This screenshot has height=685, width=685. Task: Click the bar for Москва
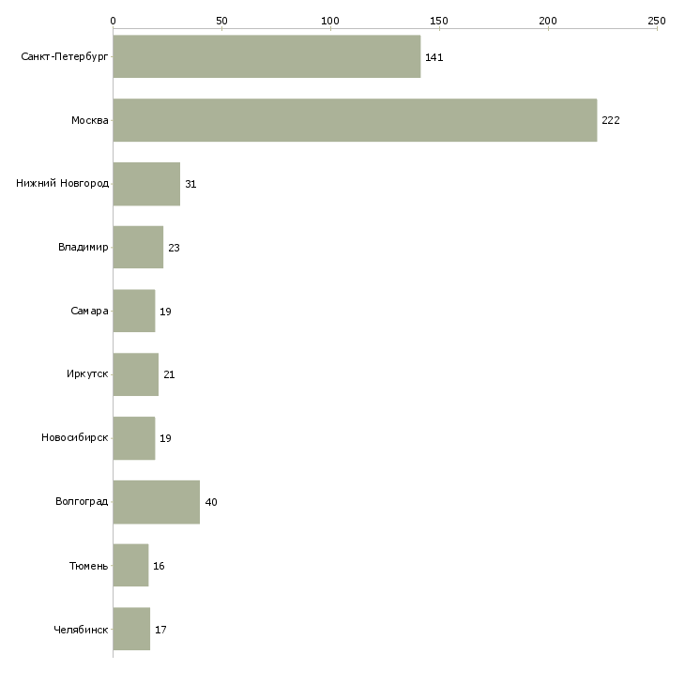tap(355, 120)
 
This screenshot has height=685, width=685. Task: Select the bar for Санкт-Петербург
tap(266, 56)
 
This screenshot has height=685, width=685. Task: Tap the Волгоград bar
tap(156, 502)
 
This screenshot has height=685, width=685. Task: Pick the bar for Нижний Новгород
tap(146, 184)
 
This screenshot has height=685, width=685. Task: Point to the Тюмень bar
tap(130, 566)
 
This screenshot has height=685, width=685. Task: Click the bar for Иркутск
tap(135, 374)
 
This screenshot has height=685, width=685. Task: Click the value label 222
tap(611, 120)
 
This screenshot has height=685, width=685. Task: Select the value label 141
tap(434, 57)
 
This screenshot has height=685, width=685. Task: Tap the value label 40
tap(211, 502)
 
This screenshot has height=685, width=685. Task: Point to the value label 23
tap(174, 248)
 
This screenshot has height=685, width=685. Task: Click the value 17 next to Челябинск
tap(160, 630)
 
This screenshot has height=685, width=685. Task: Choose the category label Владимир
tap(83, 248)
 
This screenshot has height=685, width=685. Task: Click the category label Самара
tap(89, 312)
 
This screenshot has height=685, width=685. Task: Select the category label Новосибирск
tap(74, 438)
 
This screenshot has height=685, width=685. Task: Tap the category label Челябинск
tap(81, 630)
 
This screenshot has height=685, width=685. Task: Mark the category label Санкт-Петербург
tap(64, 57)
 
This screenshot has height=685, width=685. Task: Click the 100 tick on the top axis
tap(330, 21)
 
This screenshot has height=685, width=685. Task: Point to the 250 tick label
tap(656, 21)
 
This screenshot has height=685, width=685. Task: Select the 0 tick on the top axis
tap(113, 21)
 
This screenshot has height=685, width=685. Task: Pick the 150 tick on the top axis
tap(439, 21)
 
